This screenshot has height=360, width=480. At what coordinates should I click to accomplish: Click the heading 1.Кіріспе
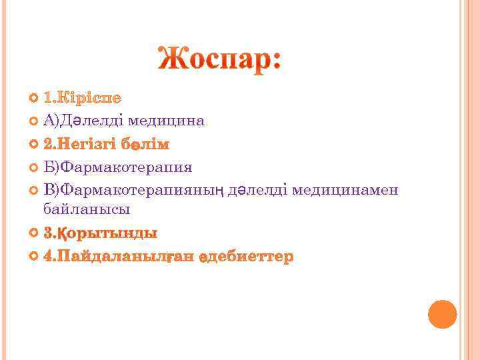pos(82,98)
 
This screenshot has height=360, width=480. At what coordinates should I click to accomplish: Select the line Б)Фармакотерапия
pos(117,167)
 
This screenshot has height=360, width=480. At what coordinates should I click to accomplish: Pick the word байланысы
pos(87,209)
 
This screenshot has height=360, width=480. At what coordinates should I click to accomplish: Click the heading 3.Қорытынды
pos(100,233)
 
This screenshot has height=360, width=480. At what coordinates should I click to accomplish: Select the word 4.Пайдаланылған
pos(117,257)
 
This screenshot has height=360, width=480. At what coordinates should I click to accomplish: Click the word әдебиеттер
pos(245,257)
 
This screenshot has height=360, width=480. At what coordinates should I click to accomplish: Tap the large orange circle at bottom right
pos(442,314)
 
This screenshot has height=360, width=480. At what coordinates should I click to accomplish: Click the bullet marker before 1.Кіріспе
pos(35,99)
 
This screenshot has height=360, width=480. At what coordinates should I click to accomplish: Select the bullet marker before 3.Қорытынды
pos(35,234)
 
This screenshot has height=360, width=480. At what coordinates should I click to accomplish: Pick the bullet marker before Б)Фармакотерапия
pos(35,168)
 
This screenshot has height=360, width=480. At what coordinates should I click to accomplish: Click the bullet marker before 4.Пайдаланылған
pos(35,257)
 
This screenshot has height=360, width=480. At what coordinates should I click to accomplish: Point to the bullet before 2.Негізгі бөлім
pos(35,145)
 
